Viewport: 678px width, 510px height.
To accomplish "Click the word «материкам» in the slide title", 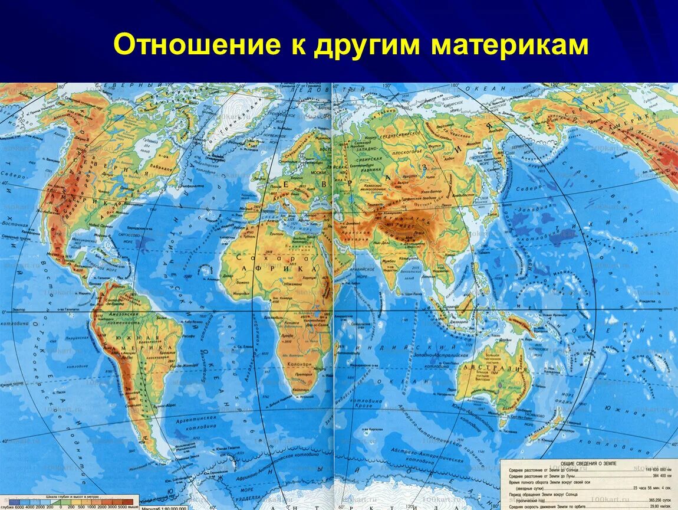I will tap(509, 45).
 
